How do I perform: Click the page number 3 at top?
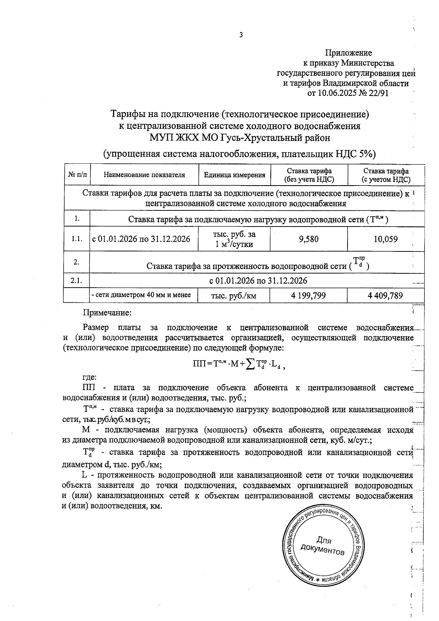240,35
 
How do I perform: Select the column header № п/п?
77,175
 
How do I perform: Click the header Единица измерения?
234,175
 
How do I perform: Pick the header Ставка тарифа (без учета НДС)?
309,175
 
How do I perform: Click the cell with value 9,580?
309,239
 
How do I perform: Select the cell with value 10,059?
386,239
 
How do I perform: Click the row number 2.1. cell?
77,281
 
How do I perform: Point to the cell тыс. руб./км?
234,296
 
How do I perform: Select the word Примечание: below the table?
107,313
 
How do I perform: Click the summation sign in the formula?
251,364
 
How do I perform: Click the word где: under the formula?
89,377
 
